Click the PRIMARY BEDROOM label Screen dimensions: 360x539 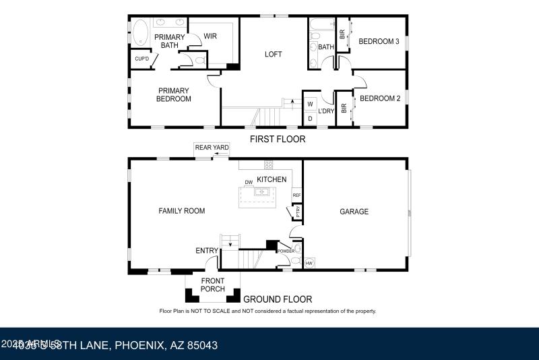tap(175, 94)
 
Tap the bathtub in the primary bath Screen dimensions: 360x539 tap(141, 33)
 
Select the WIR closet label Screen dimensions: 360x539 tap(210, 36)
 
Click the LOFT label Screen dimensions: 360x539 tap(273, 55)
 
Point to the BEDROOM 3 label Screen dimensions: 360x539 tap(379, 42)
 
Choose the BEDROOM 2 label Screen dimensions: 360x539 tap(380, 98)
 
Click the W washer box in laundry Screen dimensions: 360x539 tap(310, 104)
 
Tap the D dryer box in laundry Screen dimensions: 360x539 tap(310, 119)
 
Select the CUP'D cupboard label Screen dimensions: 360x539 tap(141, 59)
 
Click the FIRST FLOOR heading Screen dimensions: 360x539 tap(278, 140)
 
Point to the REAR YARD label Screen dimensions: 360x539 tap(212, 148)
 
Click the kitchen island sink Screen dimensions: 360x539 tap(261, 193)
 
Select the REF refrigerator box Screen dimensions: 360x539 tap(296, 196)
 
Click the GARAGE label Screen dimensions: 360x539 tap(354, 212)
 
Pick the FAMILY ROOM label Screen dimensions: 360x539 tap(181, 211)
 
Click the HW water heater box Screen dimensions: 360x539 tap(309, 263)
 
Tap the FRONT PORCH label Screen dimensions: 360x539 tap(212, 284)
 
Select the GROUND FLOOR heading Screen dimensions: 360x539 tap(277, 299)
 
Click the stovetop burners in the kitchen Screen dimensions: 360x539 tap(268, 164)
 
